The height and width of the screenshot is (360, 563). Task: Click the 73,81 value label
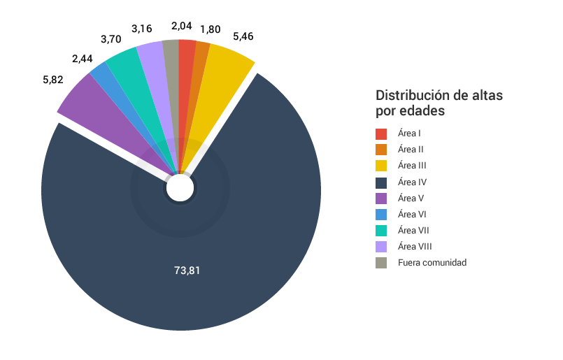click(x=187, y=270)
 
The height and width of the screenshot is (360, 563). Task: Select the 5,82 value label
click(x=53, y=80)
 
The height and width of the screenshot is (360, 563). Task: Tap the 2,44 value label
click(x=83, y=59)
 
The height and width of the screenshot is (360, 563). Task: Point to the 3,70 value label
click(x=111, y=39)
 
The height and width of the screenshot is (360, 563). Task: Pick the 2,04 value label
click(x=182, y=26)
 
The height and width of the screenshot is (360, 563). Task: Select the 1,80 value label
click(x=211, y=30)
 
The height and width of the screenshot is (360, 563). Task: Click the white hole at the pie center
click(x=180, y=188)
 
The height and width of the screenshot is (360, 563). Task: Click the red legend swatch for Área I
click(x=381, y=134)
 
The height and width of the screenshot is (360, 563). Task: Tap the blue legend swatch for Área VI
click(x=381, y=214)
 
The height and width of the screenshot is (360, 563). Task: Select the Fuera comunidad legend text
click(x=432, y=262)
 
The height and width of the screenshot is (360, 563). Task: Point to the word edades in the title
click(x=422, y=111)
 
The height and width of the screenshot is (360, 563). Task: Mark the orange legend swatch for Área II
click(x=381, y=150)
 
